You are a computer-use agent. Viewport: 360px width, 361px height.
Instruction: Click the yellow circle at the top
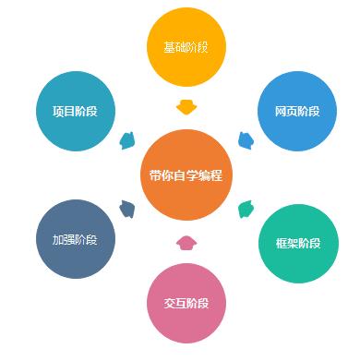(186, 46)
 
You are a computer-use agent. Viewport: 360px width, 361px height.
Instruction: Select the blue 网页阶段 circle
(297, 111)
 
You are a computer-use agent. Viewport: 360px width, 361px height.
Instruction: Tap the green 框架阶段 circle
(298, 243)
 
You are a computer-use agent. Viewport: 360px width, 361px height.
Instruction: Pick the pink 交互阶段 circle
(186, 303)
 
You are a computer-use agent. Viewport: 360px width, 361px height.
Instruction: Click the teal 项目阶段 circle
(75, 111)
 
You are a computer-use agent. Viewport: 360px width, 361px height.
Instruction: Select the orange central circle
(186, 175)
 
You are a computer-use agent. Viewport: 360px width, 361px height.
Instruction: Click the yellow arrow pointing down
(186, 106)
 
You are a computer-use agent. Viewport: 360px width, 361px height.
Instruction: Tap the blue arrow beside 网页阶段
(246, 140)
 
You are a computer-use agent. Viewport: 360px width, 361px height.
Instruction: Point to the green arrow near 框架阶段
(246, 209)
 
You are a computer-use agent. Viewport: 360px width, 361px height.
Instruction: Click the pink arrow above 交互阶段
(186, 244)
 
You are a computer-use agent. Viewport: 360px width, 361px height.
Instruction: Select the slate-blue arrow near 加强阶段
(127, 209)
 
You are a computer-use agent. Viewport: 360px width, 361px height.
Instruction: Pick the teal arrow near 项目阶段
(126, 141)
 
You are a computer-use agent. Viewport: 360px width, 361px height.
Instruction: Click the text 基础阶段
(186, 47)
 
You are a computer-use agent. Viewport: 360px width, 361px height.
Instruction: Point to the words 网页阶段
(297, 112)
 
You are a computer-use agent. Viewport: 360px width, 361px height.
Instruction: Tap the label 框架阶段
(298, 244)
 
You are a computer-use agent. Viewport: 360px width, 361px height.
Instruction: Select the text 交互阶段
(186, 304)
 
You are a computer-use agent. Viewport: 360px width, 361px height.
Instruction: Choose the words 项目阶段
(75, 112)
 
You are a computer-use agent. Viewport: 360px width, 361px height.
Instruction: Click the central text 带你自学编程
(186, 176)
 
